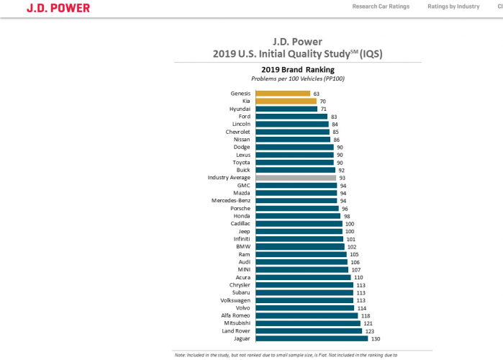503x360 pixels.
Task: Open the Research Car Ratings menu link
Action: (x=381, y=6)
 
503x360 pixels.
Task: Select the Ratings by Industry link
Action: (x=453, y=6)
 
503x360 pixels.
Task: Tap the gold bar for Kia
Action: (x=286, y=102)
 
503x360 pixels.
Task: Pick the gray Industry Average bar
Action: (x=296, y=177)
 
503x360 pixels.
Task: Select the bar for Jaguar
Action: (x=311, y=338)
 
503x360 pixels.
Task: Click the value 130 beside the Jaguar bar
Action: (x=374, y=338)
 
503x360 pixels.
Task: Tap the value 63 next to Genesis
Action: (x=316, y=94)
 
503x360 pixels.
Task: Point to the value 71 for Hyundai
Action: (x=323, y=109)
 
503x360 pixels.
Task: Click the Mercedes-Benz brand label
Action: (x=231, y=200)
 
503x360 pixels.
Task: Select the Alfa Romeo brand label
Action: (x=235, y=315)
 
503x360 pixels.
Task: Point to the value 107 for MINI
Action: (x=355, y=269)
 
